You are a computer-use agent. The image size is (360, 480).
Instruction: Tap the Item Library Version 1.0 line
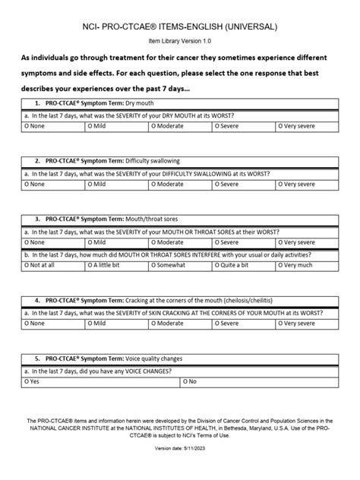pyautogui.click(x=180, y=44)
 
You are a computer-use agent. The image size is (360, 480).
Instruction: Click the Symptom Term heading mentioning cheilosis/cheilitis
pyautogui.click(x=163, y=299)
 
